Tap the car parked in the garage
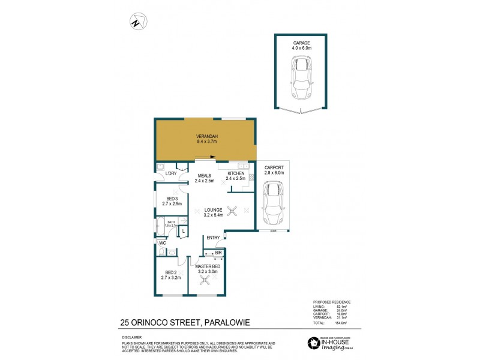[301, 77]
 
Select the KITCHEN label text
[236, 173]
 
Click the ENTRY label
[213, 238]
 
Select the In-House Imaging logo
[332, 344]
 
